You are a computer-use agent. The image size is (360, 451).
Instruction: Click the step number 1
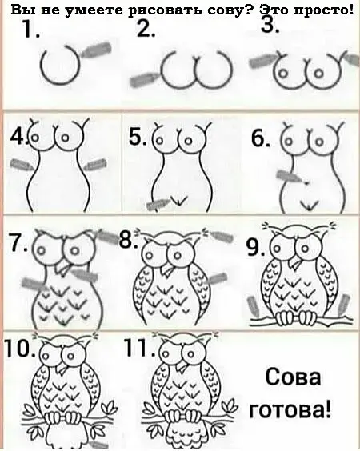[x=30, y=29]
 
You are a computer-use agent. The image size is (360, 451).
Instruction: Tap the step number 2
[x=146, y=29]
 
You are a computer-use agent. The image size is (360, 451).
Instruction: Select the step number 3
[x=270, y=25]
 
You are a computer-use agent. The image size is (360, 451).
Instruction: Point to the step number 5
[x=138, y=138]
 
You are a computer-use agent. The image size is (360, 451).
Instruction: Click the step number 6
[x=261, y=138]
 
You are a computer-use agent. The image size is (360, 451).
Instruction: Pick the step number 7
[x=18, y=242]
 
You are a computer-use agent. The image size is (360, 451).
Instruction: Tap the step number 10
[x=21, y=349]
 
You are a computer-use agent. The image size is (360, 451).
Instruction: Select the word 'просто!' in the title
[x=324, y=11]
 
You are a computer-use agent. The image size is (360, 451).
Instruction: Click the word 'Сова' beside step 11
[x=293, y=377]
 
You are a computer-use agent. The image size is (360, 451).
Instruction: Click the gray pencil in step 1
[x=95, y=50]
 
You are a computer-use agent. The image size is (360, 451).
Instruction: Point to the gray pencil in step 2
[x=144, y=80]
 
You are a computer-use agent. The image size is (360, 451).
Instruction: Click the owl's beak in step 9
[x=296, y=261]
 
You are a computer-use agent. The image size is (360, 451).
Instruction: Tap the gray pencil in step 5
[x=158, y=204]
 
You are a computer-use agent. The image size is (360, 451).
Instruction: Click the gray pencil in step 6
[x=290, y=176]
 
